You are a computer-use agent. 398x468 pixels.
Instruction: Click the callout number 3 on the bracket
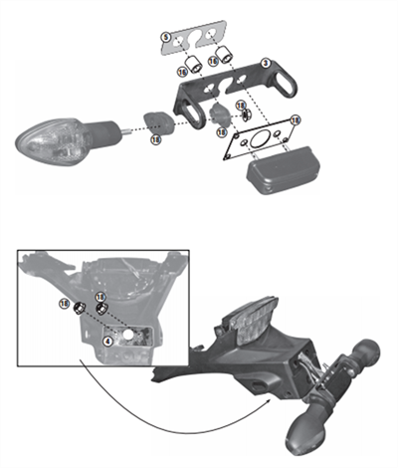pos(266,63)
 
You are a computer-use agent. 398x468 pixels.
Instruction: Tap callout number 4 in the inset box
pos(106,340)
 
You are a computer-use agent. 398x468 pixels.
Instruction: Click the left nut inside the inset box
pos(77,308)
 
